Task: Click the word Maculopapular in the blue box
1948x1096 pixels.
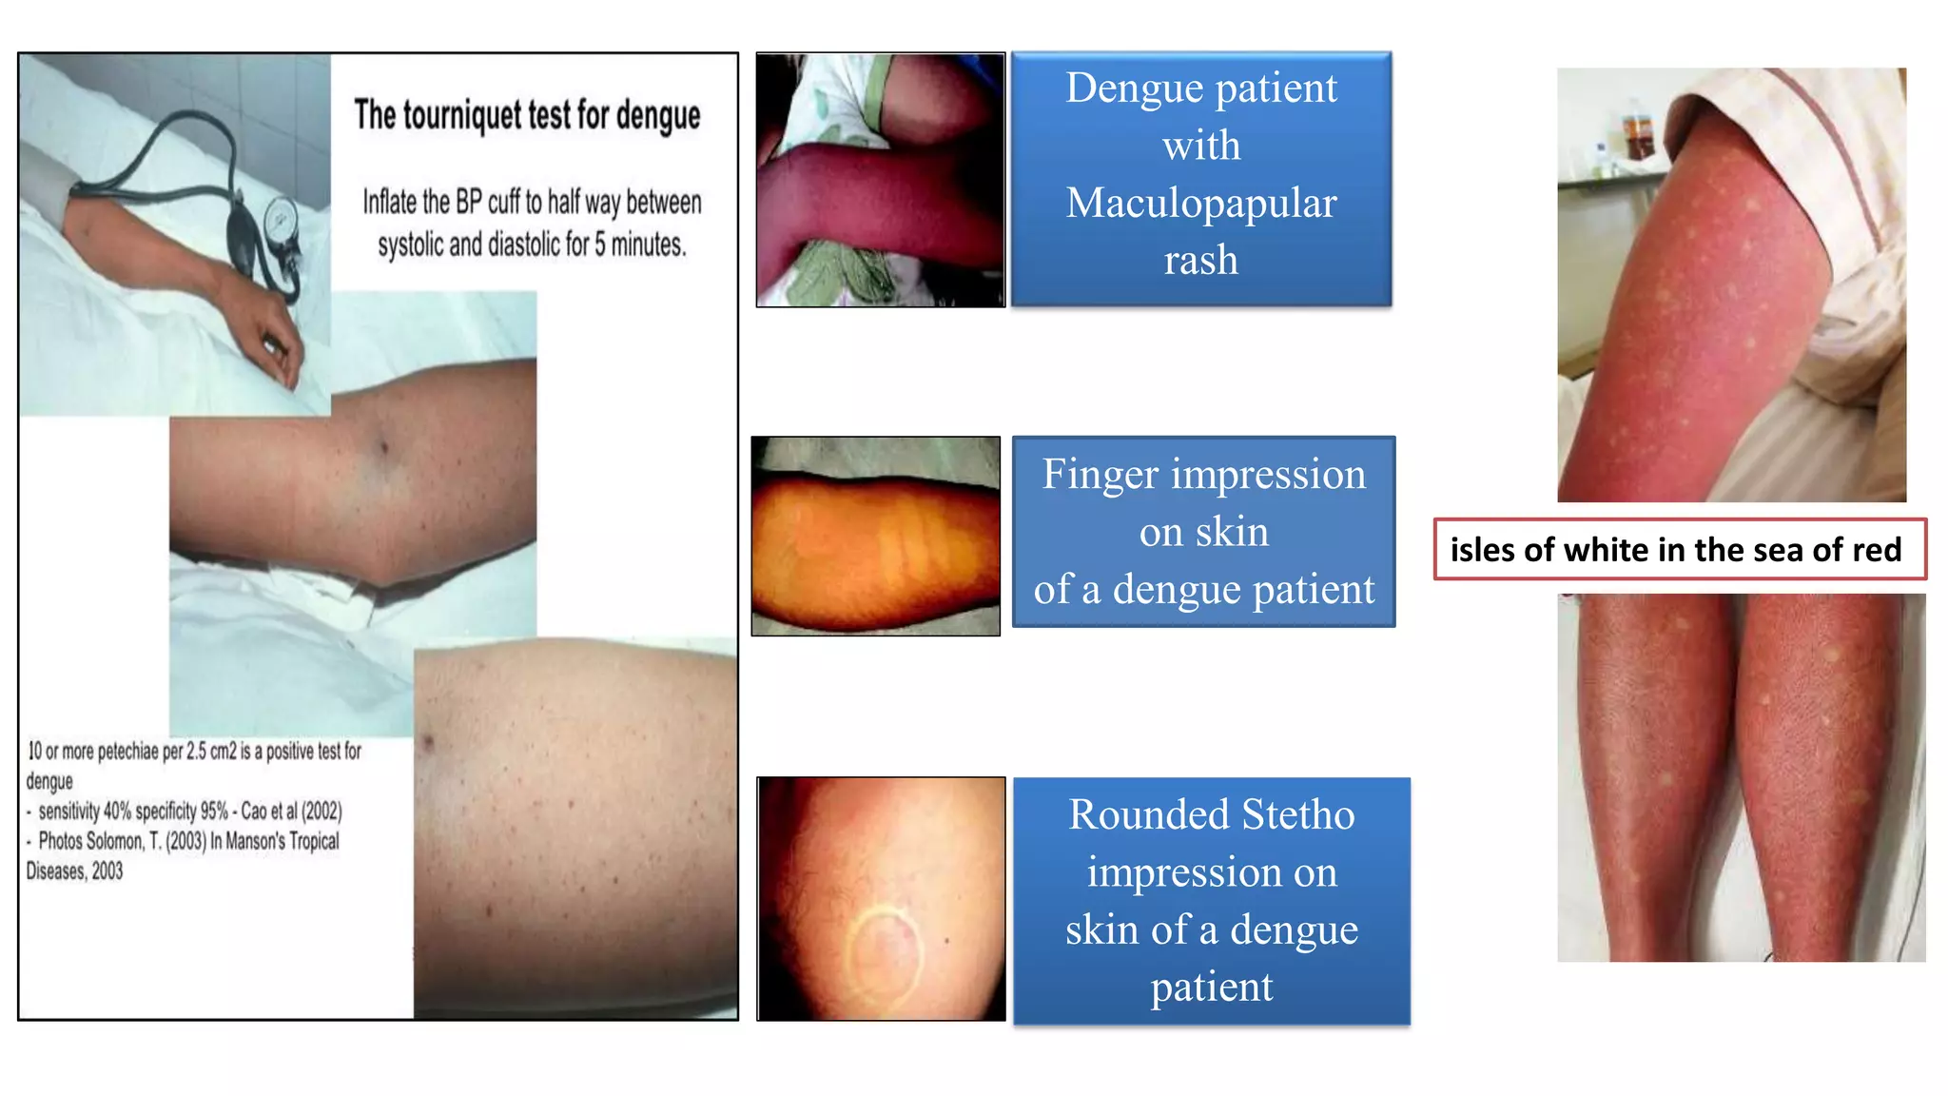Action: tap(1201, 203)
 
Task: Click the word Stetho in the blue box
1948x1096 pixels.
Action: tap(1297, 814)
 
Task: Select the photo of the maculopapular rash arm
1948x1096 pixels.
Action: tap(880, 180)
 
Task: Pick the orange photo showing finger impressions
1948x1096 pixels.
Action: tap(875, 537)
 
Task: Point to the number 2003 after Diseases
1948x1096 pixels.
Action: tap(107, 871)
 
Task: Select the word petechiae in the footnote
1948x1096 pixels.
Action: tap(127, 752)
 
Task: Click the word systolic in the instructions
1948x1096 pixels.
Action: tap(411, 245)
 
